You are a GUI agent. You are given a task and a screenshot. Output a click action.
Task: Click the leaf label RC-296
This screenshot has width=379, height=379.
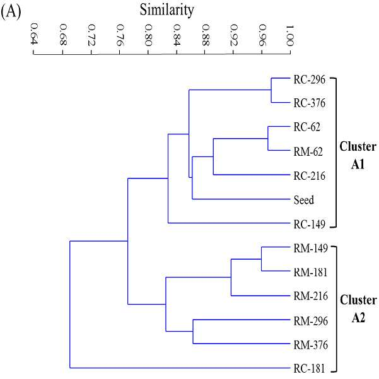310,79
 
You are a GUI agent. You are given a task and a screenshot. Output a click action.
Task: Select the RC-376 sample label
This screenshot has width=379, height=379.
310,103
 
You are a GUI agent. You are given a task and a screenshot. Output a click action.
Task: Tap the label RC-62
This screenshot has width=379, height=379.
306,127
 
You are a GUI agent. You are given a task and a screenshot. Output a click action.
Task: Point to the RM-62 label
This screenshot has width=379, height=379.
308,152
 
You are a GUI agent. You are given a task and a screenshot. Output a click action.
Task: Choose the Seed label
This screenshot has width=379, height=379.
304,200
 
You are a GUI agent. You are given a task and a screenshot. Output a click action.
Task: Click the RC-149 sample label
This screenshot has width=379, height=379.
310,224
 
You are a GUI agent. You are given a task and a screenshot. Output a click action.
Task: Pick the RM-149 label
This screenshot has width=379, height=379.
311,248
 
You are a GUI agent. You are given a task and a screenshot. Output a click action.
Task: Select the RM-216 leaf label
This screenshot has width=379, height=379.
311,296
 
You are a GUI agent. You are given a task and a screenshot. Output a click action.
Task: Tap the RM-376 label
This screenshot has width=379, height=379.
311,345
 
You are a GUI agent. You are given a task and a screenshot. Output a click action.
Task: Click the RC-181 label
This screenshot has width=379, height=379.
310,369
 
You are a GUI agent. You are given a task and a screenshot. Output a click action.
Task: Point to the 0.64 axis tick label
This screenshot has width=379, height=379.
34,34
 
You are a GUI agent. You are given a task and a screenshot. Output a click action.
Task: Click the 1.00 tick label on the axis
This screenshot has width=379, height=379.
289,35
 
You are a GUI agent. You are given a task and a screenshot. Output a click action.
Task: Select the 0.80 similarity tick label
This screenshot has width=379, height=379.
148,35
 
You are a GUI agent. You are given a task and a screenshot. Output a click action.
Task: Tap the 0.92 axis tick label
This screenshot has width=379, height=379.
234,35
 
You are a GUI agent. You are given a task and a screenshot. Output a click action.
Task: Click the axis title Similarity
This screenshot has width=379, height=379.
166,10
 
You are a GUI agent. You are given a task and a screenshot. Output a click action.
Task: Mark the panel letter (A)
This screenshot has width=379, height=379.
11,11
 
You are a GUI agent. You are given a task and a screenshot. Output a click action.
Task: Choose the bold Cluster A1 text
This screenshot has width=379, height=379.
358,155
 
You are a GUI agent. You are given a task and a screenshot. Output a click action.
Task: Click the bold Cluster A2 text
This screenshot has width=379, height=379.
358,309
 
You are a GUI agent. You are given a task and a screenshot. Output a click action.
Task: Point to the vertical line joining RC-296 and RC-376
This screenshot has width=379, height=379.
271,90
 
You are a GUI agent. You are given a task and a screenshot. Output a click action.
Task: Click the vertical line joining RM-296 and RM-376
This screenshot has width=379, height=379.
193,331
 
